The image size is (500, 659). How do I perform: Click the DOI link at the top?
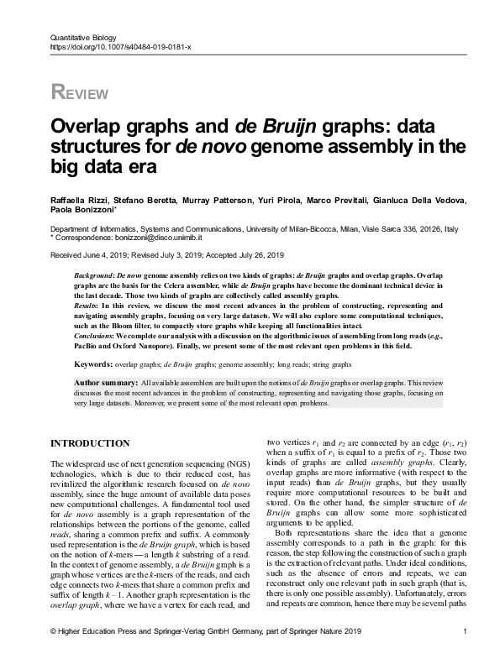(x=121, y=49)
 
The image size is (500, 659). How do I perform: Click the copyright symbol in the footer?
(x=54, y=632)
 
